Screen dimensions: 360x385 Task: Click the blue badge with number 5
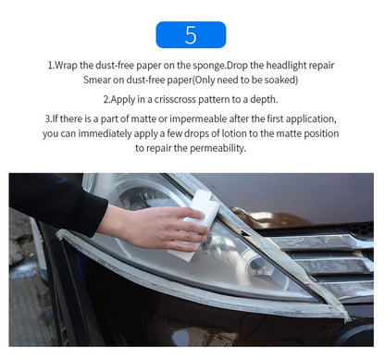(191, 34)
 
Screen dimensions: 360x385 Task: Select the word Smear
(97, 81)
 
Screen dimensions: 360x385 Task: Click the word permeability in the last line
(217, 148)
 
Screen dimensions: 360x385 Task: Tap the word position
(317, 134)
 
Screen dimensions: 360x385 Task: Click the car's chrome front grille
(338, 254)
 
